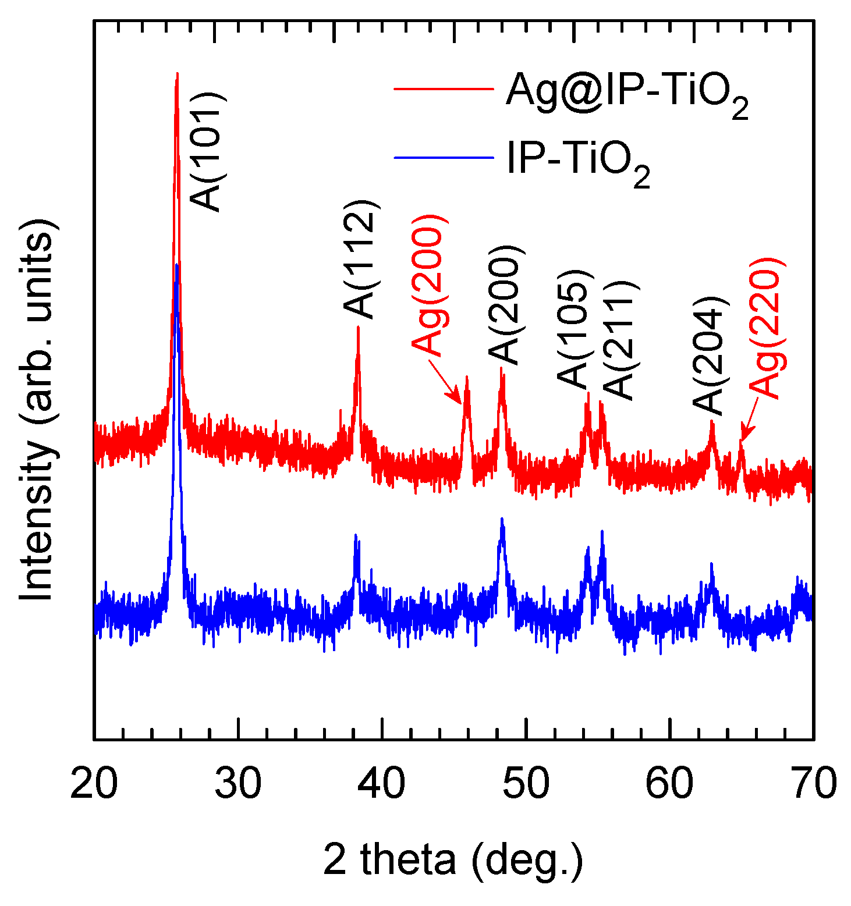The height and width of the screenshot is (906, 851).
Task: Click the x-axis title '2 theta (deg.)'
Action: coord(453,860)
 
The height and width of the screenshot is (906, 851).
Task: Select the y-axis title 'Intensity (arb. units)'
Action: coord(38,410)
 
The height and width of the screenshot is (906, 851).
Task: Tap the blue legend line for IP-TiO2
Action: coord(443,157)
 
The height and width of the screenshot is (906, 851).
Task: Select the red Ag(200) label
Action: coord(431,285)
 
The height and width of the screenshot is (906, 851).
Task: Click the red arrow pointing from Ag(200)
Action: coord(446,382)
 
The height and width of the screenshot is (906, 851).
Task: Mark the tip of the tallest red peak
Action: coord(177,73)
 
